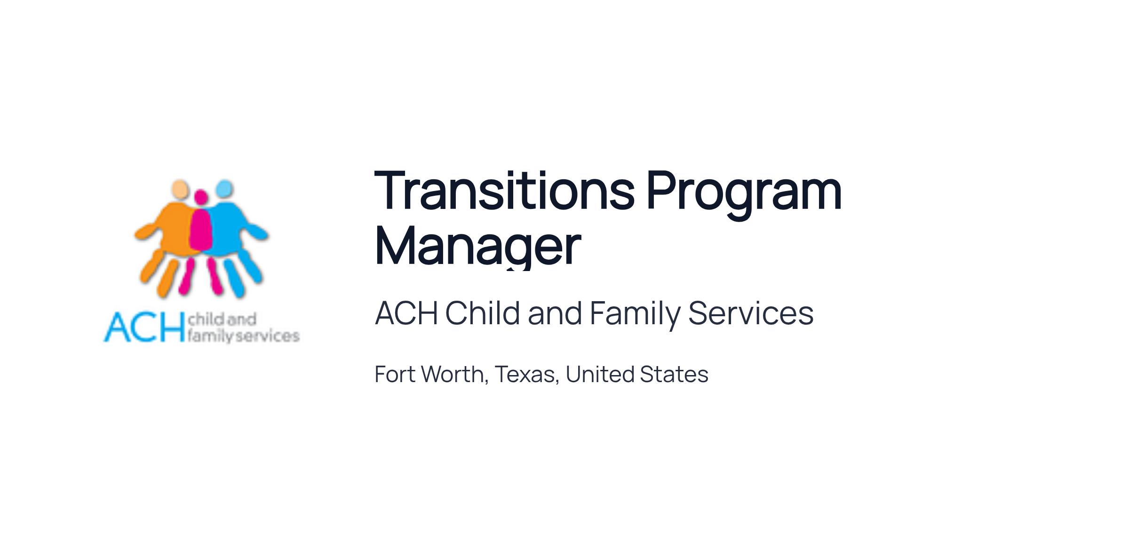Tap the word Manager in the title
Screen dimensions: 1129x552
click(x=478, y=246)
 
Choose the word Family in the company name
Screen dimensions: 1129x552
click(x=635, y=314)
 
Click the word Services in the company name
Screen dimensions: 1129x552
click(x=751, y=313)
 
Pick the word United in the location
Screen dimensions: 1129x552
click(x=600, y=375)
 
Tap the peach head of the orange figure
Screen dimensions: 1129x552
click(x=179, y=189)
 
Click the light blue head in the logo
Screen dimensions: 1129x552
click(x=224, y=188)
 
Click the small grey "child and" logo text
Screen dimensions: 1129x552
click(x=222, y=320)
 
